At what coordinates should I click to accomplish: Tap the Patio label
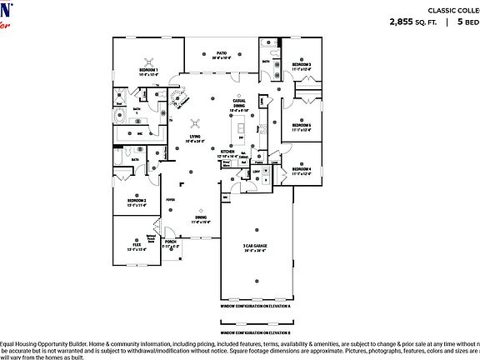[220, 55]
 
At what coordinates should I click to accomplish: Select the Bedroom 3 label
[301, 65]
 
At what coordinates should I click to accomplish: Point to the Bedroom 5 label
[301, 126]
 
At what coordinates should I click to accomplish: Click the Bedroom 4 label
[301, 171]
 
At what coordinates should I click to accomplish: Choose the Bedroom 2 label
[137, 202]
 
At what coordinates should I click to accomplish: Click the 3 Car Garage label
[255, 248]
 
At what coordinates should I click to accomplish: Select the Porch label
[171, 243]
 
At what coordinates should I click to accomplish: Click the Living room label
[196, 137]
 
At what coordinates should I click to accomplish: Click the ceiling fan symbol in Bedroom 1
[150, 60]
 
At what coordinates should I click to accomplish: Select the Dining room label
[200, 219]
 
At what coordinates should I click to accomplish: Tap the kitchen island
[242, 129]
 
